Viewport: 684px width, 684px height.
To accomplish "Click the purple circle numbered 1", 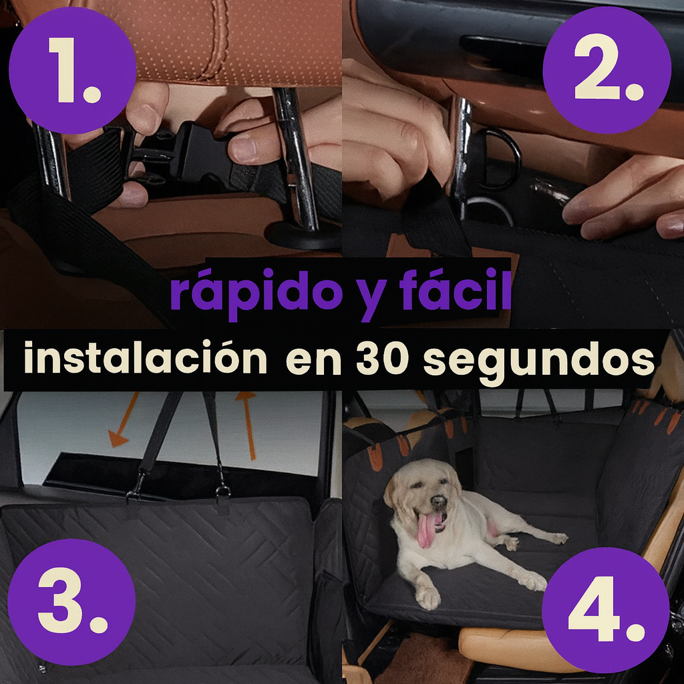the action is click(72, 70).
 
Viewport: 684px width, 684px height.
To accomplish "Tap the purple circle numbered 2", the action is click(607, 70).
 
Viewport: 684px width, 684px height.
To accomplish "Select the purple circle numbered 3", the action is click(71, 603).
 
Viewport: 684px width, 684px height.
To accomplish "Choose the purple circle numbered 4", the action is click(605, 611).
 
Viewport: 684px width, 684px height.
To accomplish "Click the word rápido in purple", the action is click(256, 293).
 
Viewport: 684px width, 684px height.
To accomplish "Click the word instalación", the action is click(145, 358).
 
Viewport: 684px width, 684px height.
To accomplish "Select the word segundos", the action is click(539, 363).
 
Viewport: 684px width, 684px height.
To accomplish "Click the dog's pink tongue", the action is click(427, 529).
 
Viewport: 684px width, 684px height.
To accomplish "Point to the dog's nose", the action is click(437, 502).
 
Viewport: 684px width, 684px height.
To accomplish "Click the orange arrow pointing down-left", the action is click(124, 420).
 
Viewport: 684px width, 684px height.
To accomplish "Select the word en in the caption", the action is click(313, 363).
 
